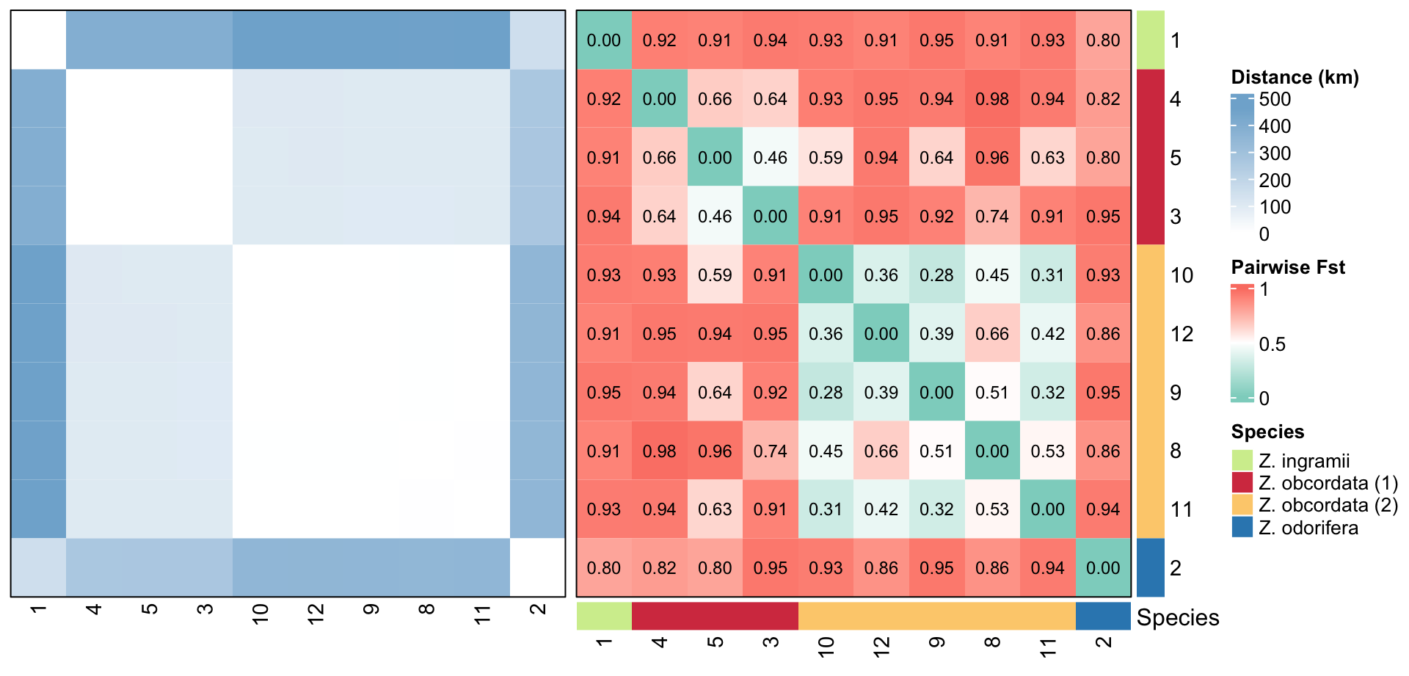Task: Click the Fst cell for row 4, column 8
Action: click(x=992, y=99)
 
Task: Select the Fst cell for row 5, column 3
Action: click(x=771, y=158)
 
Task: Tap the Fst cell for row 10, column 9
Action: click(x=936, y=275)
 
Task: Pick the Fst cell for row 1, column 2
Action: click(x=1103, y=40)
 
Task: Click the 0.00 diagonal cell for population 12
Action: click(x=881, y=334)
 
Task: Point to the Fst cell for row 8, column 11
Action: click(x=1047, y=451)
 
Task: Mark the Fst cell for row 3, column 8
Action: click(x=992, y=217)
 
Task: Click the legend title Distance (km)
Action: click(x=1295, y=77)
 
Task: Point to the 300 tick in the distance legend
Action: click(x=1275, y=153)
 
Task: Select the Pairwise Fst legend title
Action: click(x=1288, y=267)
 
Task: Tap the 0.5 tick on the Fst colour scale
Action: click(x=1272, y=344)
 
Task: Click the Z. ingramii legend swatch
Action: click(x=1242, y=460)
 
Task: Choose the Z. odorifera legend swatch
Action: click(x=1242, y=527)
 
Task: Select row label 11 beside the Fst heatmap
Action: click(x=1182, y=509)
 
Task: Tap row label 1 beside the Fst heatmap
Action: click(x=1176, y=40)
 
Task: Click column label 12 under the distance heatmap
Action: click(x=316, y=614)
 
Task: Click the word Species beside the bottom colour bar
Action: click(x=1178, y=617)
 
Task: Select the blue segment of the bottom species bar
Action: click(x=1103, y=617)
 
